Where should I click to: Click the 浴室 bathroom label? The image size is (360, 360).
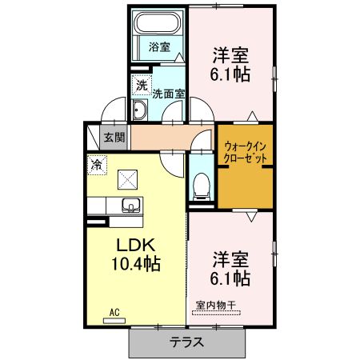click(x=158, y=46)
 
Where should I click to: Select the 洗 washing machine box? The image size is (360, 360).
click(x=142, y=85)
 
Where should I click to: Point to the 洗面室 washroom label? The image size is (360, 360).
click(x=169, y=93)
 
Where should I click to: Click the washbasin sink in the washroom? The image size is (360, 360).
click(x=139, y=111)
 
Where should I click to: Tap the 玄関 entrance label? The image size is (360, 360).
click(x=114, y=137)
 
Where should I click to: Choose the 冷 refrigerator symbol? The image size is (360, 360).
click(x=96, y=165)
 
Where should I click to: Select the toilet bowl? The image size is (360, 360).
click(x=201, y=187)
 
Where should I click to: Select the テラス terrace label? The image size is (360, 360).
click(x=186, y=342)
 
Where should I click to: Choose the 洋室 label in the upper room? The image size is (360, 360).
click(x=230, y=56)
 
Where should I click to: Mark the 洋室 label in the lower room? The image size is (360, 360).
click(x=230, y=260)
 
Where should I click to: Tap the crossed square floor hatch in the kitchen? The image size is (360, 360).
click(x=127, y=178)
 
